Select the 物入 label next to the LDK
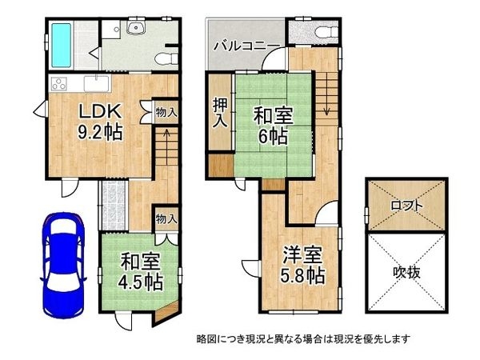(166, 112)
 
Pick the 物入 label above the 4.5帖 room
(166, 218)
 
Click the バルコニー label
(246, 45)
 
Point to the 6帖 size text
(274, 137)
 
